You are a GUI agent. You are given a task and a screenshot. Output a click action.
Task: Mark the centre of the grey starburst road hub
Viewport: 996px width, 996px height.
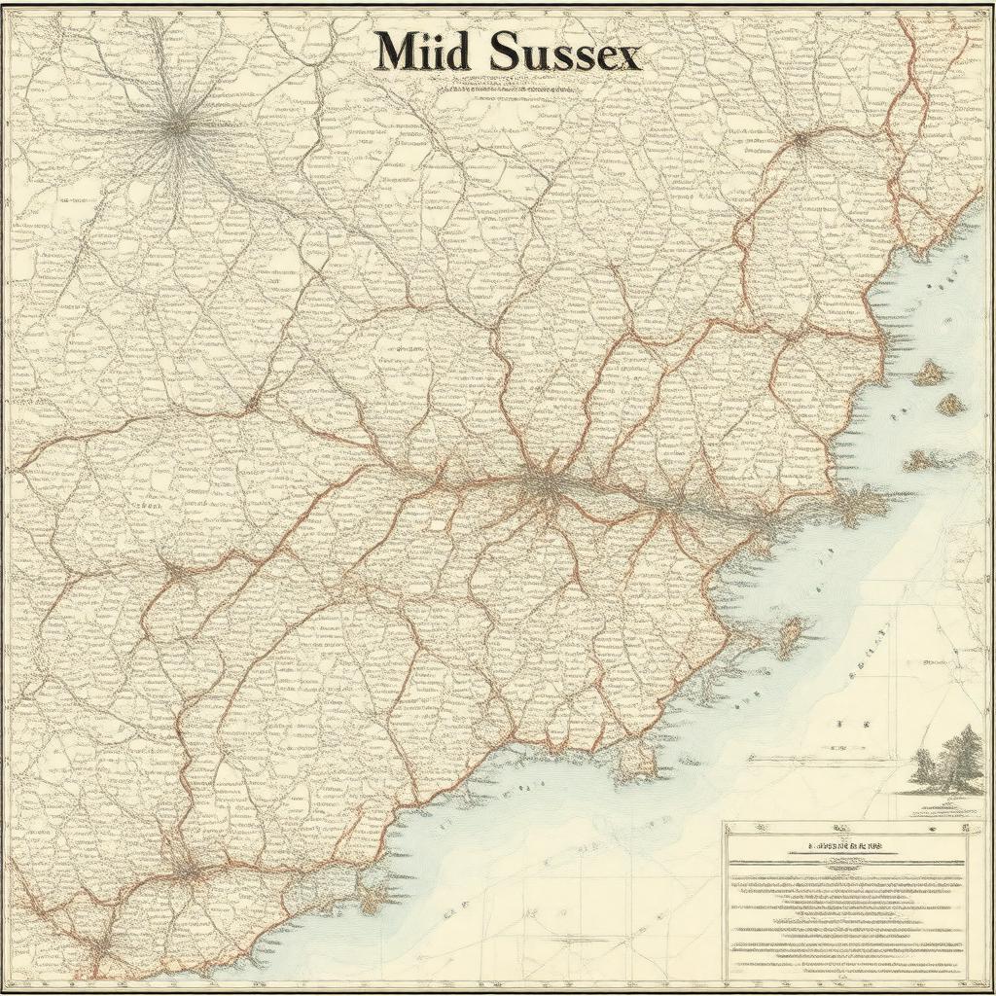tap(177, 124)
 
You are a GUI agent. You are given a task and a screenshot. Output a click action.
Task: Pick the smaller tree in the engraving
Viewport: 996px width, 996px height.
tap(925, 768)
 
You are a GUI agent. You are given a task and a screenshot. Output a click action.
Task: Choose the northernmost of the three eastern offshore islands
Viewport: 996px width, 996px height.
tap(931, 372)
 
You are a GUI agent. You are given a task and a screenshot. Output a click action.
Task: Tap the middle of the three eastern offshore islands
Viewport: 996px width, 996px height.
tap(950, 404)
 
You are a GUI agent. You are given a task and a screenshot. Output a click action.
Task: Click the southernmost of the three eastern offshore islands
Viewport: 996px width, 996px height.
tap(918, 460)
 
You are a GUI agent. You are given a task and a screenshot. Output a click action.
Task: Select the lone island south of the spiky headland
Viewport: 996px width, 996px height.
tap(790, 635)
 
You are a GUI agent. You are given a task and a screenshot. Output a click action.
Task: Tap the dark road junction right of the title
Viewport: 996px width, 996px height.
tap(801, 139)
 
